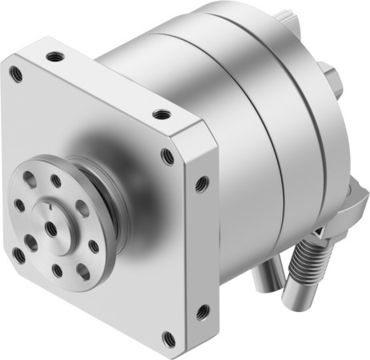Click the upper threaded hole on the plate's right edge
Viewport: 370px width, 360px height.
(x=201, y=184)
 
